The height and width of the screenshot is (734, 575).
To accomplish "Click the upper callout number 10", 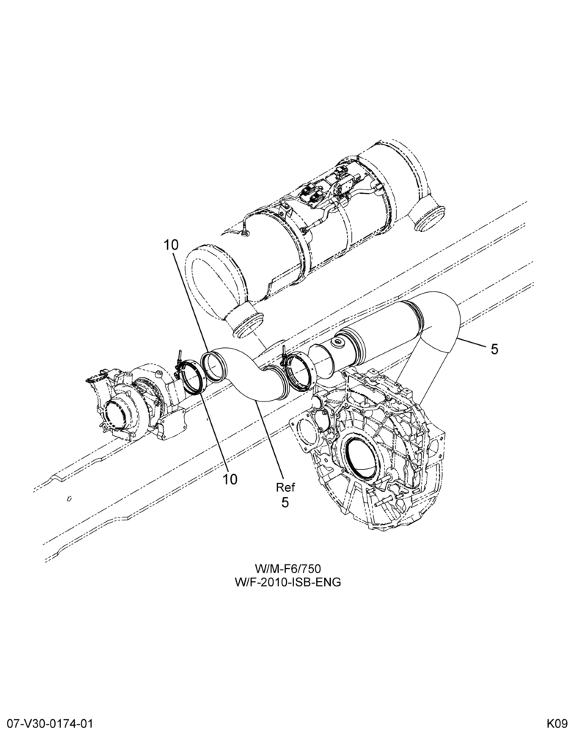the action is (171, 245).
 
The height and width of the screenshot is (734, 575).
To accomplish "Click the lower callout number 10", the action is (230, 479).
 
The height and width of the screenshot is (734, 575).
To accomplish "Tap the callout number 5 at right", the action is (494, 349).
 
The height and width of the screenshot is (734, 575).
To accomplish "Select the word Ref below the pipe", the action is (285, 487).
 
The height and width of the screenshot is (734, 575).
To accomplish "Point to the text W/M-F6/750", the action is (287, 569).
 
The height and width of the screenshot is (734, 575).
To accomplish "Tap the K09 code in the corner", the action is (558, 723).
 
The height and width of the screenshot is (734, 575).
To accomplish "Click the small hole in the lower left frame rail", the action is (69, 498).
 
